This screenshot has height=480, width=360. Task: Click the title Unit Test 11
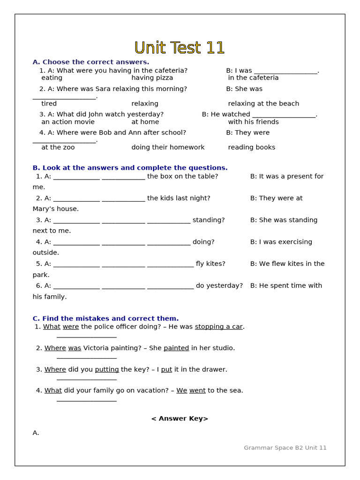(x=180, y=48)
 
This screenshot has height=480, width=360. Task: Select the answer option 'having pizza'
(x=152, y=78)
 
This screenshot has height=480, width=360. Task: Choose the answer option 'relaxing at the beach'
(x=263, y=104)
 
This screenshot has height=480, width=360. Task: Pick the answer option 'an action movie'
(x=68, y=122)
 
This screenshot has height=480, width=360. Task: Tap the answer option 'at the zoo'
(x=58, y=147)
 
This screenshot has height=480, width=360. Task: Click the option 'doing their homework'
(x=168, y=147)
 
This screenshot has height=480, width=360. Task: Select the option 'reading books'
(x=251, y=147)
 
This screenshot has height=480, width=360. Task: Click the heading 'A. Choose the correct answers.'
(x=91, y=62)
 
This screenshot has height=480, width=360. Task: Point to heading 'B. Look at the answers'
(x=130, y=168)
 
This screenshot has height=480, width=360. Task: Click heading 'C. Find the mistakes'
(x=105, y=319)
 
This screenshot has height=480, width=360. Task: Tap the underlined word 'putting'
(x=107, y=369)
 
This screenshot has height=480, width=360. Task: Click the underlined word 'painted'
(x=176, y=348)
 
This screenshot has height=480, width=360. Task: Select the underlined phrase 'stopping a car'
(x=218, y=327)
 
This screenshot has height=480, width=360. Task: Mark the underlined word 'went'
(x=197, y=390)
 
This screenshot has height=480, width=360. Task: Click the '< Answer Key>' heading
(x=180, y=419)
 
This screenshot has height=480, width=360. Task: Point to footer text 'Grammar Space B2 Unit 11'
(x=285, y=448)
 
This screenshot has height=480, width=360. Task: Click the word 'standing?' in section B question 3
(x=209, y=220)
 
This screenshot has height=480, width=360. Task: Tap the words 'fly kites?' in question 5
(x=210, y=264)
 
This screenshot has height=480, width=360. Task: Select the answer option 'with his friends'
(x=253, y=122)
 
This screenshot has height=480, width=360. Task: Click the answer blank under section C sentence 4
(x=87, y=400)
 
